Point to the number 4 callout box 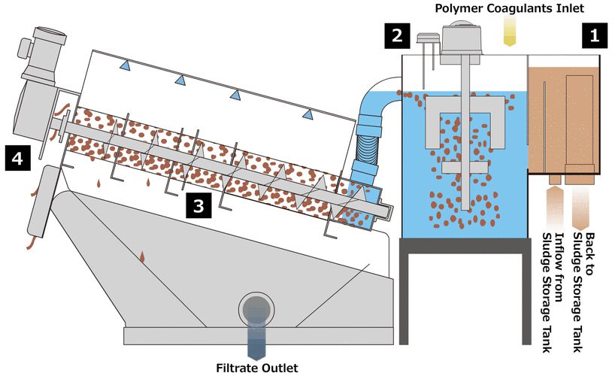click(x=17, y=158)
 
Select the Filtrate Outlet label click(x=255, y=368)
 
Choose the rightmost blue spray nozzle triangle click(x=306, y=114)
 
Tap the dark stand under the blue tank click(x=463, y=290)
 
